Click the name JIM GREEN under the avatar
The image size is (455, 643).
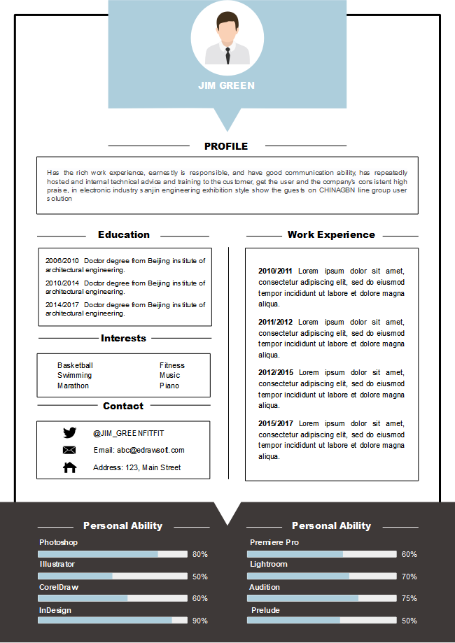pyautogui.click(x=226, y=85)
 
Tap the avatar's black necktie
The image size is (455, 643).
pyautogui.click(x=227, y=55)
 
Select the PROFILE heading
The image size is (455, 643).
pyautogui.click(x=226, y=146)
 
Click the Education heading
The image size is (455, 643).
pyautogui.click(x=124, y=235)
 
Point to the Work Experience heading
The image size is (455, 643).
pyautogui.click(x=331, y=235)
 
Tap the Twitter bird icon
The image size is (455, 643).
pyautogui.click(x=69, y=433)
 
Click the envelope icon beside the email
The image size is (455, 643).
pyautogui.click(x=69, y=450)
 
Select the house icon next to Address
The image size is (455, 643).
pyautogui.click(x=70, y=467)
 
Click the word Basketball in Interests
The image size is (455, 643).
pyautogui.click(x=75, y=365)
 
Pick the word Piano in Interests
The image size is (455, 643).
pyautogui.click(x=169, y=386)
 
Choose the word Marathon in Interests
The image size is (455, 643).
pyautogui.click(x=73, y=386)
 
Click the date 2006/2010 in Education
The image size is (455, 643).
pyautogui.click(x=62, y=261)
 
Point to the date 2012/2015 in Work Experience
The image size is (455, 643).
pyautogui.click(x=276, y=372)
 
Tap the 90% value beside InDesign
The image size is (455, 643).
pyautogui.click(x=200, y=621)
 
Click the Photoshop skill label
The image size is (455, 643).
pyautogui.click(x=58, y=542)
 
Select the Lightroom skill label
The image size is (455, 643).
pyautogui.click(x=269, y=564)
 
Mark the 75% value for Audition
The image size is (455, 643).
pyautogui.click(x=409, y=598)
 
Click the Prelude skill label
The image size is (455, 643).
pyautogui.click(x=265, y=610)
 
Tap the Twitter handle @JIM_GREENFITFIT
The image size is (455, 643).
pyautogui.click(x=129, y=433)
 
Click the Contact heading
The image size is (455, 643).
pyautogui.click(x=123, y=406)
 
